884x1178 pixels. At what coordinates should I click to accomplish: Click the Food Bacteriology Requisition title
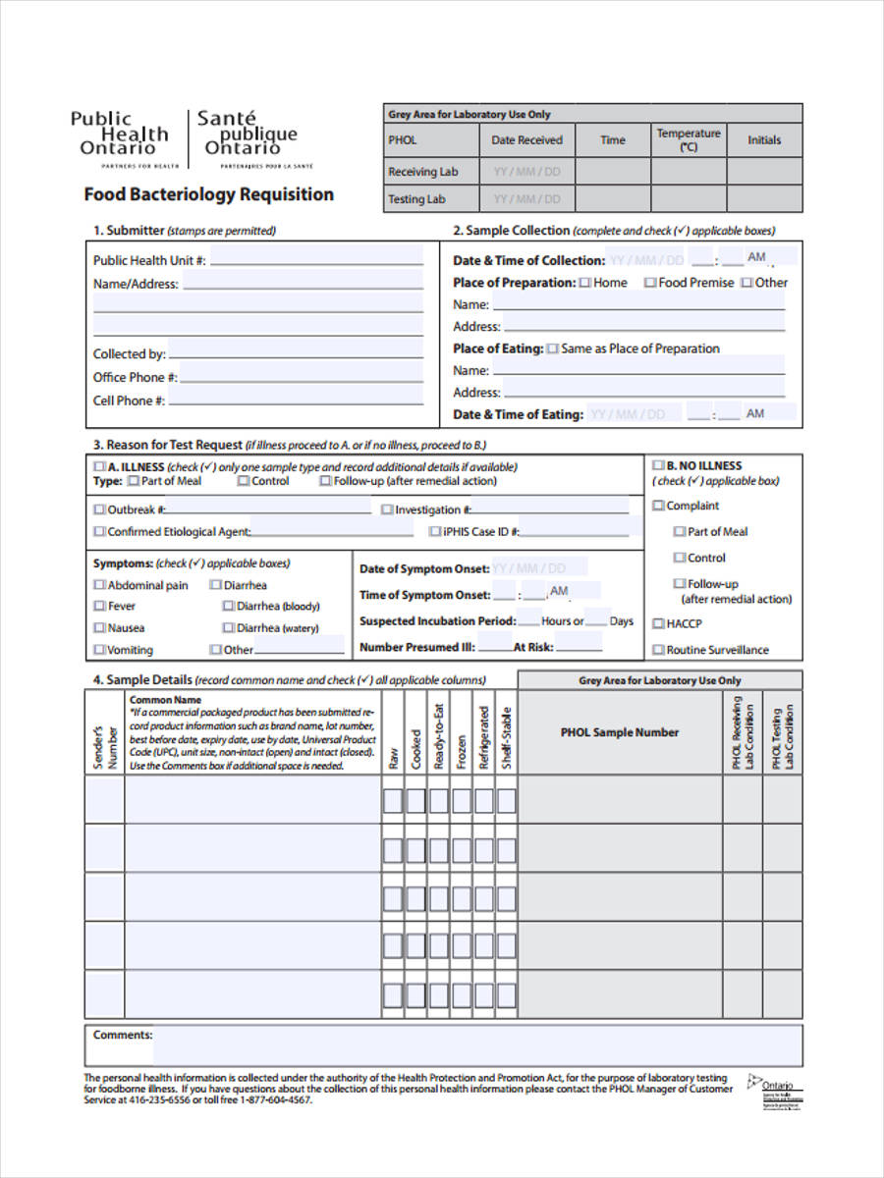coord(208,194)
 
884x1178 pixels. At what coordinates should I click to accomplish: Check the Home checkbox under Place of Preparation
coord(585,283)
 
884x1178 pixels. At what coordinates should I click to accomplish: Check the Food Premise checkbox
coord(650,283)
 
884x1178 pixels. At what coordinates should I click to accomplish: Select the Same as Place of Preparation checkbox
coord(553,348)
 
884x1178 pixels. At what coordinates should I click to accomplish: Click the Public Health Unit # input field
coord(315,260)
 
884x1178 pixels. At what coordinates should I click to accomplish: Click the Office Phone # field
coord(301,377)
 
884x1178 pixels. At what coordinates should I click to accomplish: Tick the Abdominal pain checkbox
coord(99,585)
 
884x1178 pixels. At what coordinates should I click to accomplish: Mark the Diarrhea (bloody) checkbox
coord(228,607)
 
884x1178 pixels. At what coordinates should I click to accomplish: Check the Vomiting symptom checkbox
coord(99,650)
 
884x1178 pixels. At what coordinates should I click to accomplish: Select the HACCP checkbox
coord(658,623)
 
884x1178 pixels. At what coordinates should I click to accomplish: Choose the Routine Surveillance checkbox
coord(658,650)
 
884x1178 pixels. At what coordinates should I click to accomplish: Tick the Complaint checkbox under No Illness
coord(658,506)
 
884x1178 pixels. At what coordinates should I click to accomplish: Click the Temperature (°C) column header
coord(688,139)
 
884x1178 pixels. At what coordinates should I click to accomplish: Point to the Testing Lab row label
coord(416,199)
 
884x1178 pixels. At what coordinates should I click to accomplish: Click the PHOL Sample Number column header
coord(619,732)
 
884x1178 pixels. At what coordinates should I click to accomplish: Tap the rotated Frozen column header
coord(461,750)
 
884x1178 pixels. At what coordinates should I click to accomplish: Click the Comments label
coord(123,1035)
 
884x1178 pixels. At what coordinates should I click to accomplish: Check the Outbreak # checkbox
coord(99,509)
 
